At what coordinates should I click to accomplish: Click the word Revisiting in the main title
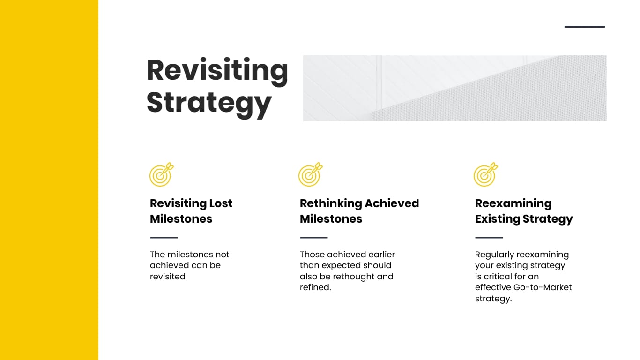(217, 70)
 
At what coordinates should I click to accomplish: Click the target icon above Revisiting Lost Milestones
(161, 174)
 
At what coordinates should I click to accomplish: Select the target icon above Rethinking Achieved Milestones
(310, 174)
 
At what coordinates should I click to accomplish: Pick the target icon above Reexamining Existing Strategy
(485, 174)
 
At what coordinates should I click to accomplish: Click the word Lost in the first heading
(221, 203)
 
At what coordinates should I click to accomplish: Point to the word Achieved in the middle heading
(392, 203)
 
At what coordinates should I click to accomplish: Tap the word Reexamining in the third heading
(513, 203)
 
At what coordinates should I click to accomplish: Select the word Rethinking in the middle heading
(330, 203)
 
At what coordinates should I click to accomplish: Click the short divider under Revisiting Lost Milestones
(164, 238)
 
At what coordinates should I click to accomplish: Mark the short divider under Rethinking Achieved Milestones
(313, 238)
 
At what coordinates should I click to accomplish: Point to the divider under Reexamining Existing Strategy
(489, 238)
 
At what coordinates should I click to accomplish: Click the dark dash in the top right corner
(584, 27)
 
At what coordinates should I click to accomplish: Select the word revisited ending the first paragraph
(167, 277)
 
